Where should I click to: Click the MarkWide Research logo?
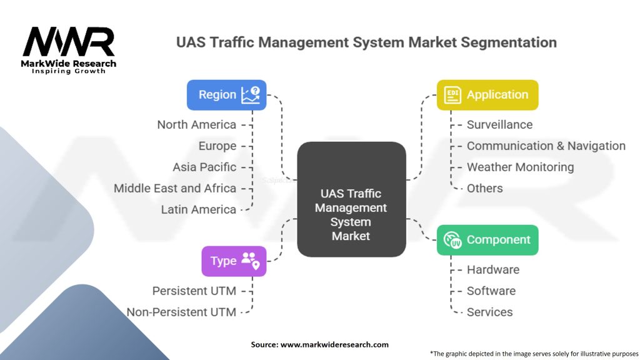[x=69, y=48]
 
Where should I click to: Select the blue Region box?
[x=226, y=95]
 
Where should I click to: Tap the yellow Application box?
[x=487, y=95]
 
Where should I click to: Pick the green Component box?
[x=487, y=240]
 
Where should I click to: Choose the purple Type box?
[x=233, y=261]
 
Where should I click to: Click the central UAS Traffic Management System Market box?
[x=351, y=199]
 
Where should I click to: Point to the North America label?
[x=197, y=124]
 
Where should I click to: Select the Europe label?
[x=217, y=146]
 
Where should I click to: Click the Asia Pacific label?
[x=204, y=167]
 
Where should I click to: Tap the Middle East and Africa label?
[x=175, y=188]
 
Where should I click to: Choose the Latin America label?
[x=199, y=209]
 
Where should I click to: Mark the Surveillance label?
[x=499, y=124]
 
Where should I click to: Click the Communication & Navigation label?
[x=546, y=146]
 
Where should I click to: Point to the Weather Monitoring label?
[x=520, y=167]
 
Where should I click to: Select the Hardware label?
[x=492, y=269]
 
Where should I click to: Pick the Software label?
[x=491, y=291]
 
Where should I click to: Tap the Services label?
[x=489, y=312]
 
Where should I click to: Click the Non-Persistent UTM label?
[x=181, y=312]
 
